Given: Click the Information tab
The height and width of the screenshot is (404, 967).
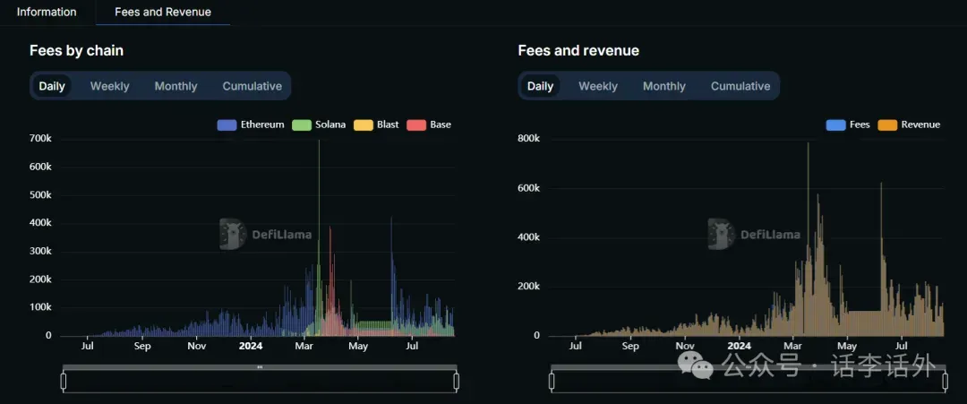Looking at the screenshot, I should (x=47, y=12).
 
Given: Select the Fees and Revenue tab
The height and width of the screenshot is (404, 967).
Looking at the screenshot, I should (x=163, y=12).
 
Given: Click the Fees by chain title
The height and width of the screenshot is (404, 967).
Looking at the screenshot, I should (x=76, y=50).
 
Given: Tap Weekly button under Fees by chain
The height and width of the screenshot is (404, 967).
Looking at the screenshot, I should (x=109, y=86).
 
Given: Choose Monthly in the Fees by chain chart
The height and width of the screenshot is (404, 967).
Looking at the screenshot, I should (x=175, y=86).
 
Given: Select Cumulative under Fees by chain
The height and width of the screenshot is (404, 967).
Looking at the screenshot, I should (x=252, y=86).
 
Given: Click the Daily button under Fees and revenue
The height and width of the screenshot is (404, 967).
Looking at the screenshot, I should (x=540, y=86).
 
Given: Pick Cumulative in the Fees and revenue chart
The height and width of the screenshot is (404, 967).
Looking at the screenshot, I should (x=740, y=86).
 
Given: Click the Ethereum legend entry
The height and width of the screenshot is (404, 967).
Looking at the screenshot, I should (x=251, y=125).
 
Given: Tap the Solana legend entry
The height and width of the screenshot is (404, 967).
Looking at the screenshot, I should (x=319, y=125).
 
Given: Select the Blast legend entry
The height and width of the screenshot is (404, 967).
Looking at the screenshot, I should (x=377, y=125).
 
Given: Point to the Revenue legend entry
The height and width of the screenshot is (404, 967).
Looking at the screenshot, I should (x=910, y=125).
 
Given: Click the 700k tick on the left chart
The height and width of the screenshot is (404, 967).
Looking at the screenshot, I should (x=40, y=139).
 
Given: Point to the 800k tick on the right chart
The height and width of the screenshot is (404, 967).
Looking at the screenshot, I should (x=529, y=139).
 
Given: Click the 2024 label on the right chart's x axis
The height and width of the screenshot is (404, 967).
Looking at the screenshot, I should (x=739, y=346).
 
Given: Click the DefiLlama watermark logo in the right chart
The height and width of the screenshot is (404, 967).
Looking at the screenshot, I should (x=721, y=234).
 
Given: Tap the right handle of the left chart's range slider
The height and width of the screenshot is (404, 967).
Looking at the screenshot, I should (x=456, y=382).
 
